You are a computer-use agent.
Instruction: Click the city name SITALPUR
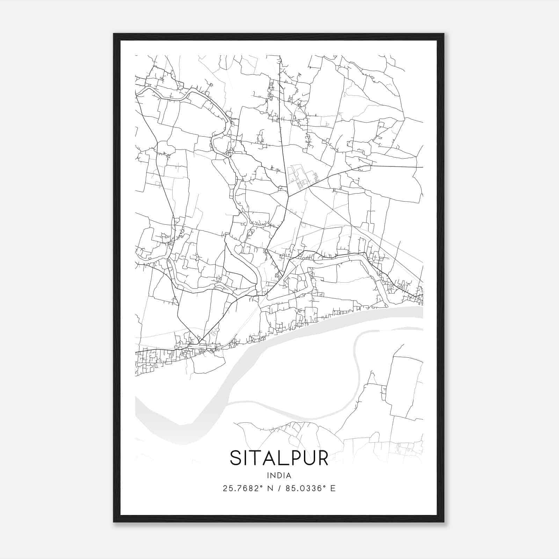[279, 458]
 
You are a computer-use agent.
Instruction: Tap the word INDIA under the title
[279, 475]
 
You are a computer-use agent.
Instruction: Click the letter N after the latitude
[270, 488]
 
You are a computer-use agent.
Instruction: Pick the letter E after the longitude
[333, 488]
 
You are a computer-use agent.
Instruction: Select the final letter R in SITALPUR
[322, 458]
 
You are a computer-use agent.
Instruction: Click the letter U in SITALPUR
[308, 458]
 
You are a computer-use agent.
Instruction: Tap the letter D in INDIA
[279, 475]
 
